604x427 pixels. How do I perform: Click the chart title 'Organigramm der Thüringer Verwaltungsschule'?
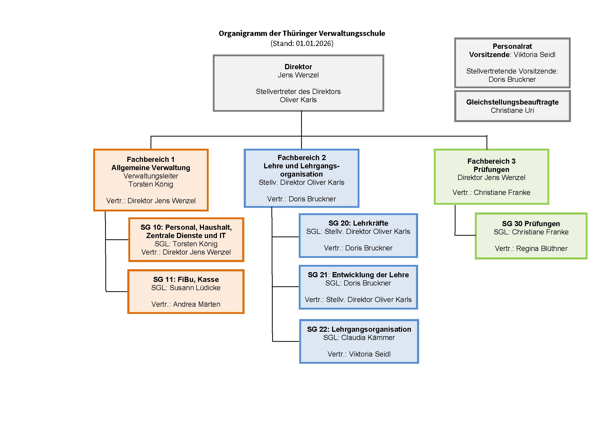[x=302, y=33]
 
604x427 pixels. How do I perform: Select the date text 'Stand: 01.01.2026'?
[x=302, y=43]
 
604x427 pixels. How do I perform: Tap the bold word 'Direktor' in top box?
[x=298, y=67]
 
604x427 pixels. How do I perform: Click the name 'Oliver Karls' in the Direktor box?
[x=298, y=100]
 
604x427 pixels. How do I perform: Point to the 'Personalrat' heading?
[x=512, y=46]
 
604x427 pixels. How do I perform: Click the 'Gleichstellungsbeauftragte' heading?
[x=512, y=102]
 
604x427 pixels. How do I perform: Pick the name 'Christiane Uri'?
[x=512, y=110]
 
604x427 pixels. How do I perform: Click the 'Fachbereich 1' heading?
[x=151, y=159]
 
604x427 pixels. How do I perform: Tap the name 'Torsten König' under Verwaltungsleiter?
[x=151, y=184]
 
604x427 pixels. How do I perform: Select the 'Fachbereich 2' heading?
[x=301, y=157]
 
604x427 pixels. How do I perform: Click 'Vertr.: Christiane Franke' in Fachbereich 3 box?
[x=491, y=193]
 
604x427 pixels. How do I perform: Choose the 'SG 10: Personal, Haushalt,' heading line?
[x=186, y=227]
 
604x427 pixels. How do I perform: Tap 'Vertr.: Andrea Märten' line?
[x=186, y=304]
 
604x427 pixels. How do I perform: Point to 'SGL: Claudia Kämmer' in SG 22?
[x=359, y=338]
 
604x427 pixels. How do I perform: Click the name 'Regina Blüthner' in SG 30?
[x=542, y=248]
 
